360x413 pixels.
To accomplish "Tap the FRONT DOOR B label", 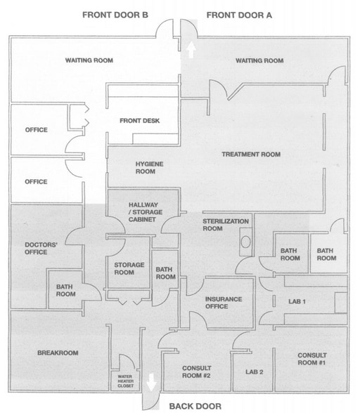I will [115, 14].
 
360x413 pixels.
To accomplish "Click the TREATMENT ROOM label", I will [251, 155].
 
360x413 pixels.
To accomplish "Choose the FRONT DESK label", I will [139, 121].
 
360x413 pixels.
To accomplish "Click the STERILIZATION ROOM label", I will [226, 225].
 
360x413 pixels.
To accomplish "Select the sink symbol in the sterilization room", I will [245, 242].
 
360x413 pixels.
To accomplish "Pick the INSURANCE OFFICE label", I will [224, 303].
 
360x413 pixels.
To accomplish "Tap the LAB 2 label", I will [254, 371].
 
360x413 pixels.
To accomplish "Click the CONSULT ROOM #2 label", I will [198, 372].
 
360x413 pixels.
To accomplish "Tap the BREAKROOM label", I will [58, 353].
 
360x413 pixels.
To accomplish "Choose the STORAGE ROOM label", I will [129, 268].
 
